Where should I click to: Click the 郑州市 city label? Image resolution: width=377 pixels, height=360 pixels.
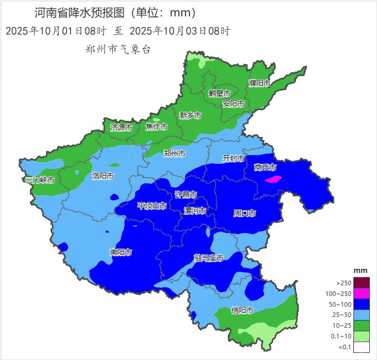[174, 153]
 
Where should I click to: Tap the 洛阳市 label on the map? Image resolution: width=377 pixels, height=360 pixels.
[102, 176]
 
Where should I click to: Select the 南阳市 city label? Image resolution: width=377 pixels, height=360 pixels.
[121, 252]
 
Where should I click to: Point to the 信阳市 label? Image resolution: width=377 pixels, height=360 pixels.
[242, 310]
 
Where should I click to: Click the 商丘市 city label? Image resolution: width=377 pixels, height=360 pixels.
[265, 167]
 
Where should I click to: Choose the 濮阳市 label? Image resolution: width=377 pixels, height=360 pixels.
[259, 83]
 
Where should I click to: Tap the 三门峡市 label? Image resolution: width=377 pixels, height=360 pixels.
[40, 180]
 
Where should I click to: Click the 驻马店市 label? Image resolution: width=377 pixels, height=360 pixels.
[208, 258]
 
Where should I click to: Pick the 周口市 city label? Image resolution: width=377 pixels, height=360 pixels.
[244, 213]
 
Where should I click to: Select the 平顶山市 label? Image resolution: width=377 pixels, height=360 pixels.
[152, 206]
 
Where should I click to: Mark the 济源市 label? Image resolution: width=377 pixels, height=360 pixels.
[121, 127]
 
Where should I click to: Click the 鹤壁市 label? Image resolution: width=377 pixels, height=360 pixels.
[219, 93]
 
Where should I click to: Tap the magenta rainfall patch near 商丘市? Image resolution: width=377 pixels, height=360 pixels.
[275, 179]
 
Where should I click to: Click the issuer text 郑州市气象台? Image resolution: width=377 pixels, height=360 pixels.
[118, 50]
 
